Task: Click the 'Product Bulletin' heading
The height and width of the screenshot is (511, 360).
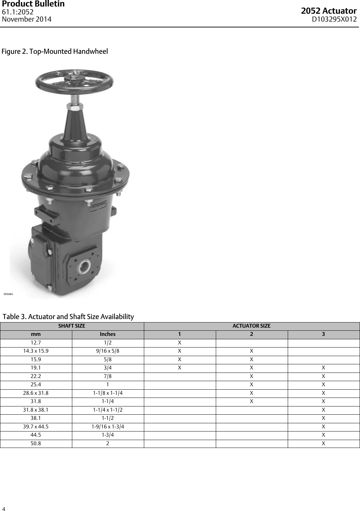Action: (33, 4)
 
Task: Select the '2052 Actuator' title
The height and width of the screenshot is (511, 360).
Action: (328, 11)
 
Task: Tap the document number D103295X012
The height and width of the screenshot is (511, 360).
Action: (334, 19)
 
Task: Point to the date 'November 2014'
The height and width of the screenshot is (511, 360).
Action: (27, 19)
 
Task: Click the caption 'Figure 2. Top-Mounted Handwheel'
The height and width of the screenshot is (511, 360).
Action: (55, 51)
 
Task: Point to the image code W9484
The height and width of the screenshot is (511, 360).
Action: (8, 294)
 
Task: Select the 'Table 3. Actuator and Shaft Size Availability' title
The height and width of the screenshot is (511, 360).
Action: (68, 316)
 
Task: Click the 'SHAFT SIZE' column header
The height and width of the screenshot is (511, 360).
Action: (72, 326)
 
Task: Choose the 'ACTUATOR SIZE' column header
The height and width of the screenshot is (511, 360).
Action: (251, 326)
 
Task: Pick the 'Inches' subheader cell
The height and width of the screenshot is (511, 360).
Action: (108, 334)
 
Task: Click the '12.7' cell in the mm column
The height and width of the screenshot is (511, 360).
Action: (36, 343)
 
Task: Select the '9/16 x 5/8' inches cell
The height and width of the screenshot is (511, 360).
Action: (108, 351)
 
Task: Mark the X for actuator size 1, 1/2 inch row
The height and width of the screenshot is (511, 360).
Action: (179, 343)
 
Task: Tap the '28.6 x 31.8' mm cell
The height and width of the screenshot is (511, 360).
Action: (36, 393)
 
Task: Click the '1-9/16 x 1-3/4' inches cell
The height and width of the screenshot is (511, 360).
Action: (108, 427)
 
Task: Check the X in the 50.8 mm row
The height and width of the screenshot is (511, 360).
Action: (323, 443)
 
